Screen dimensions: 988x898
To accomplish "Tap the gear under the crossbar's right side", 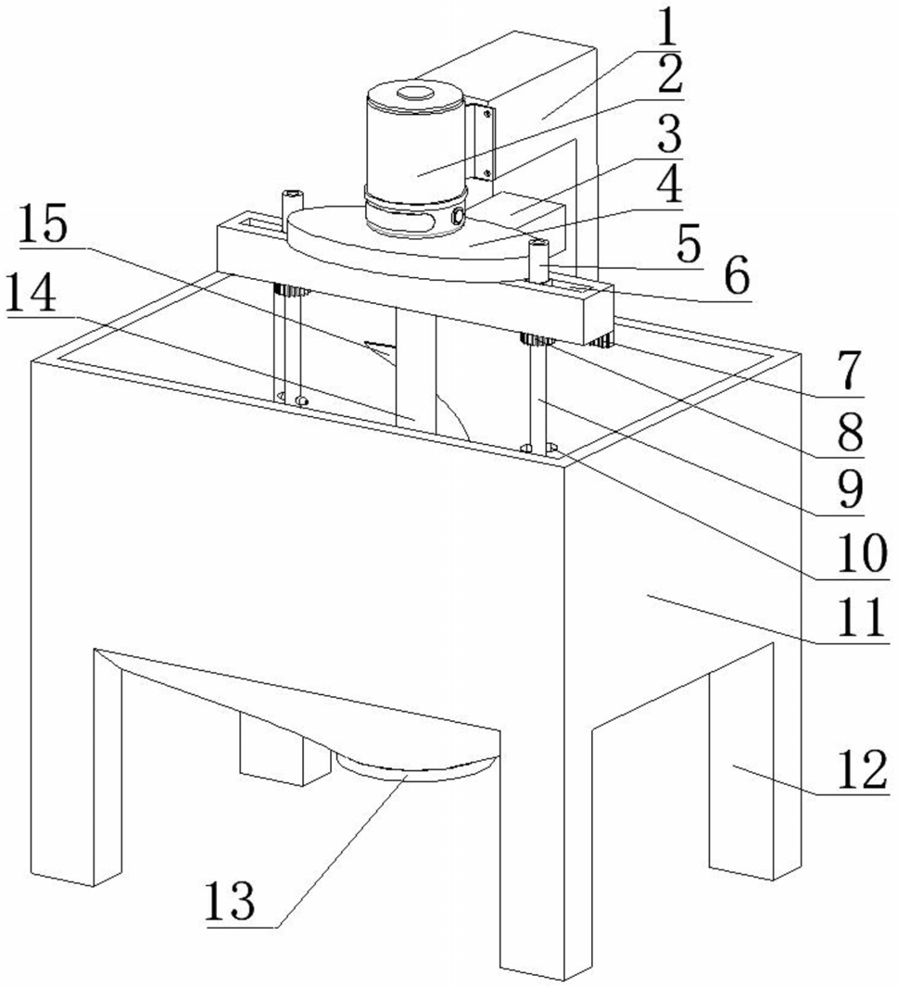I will click(538, 340).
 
